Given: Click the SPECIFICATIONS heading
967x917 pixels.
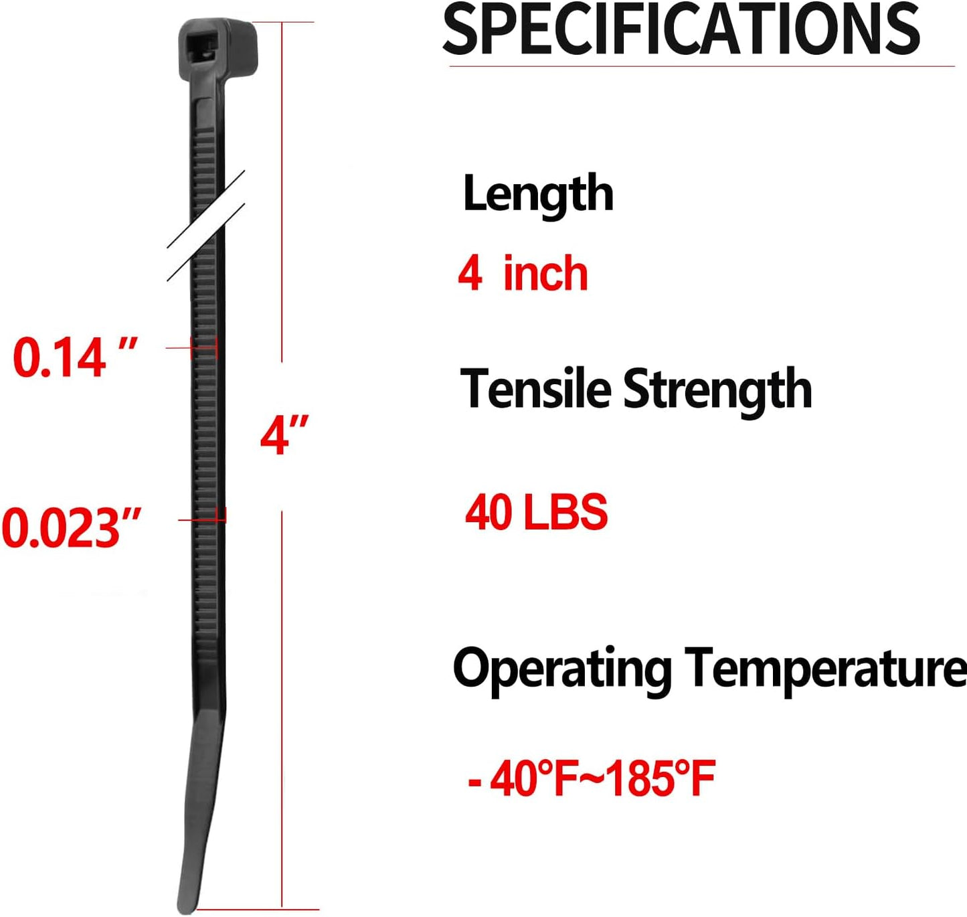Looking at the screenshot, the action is (x=681, y=29).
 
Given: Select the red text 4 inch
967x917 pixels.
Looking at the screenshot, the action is (x=523, y=274).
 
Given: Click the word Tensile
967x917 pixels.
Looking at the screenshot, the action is (x=535, y=388).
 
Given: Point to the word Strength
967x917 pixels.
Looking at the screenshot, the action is (x=717, y=392).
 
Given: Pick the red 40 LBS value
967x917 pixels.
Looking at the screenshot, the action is (x=536, y=512).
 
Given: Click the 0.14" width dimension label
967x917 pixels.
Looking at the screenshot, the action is (x=75, y=357).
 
